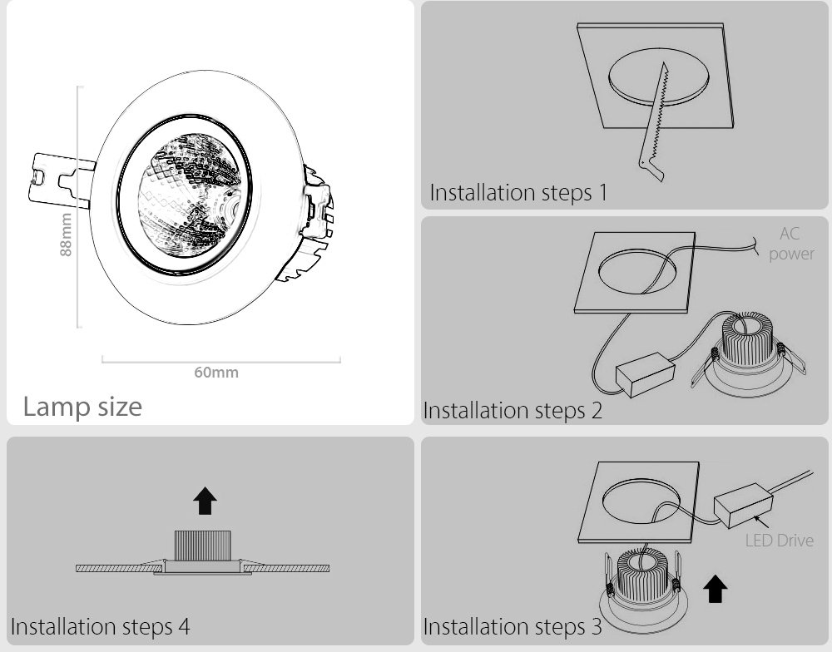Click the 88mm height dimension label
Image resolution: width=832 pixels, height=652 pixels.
click(66, 235)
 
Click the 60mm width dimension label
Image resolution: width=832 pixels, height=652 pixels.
click(216, 373)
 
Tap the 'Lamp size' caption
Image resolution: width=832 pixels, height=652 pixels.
click(82, 407)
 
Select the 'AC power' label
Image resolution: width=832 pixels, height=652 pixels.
click(791, 244)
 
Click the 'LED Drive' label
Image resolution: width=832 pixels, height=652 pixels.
click(779, 540)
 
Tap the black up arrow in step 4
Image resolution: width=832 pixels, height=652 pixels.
click(205, 501)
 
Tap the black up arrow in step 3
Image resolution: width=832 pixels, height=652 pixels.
click(715, 589)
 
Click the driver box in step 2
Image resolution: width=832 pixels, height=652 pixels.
click(645, 375)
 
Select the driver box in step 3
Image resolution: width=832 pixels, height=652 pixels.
click(743, 505)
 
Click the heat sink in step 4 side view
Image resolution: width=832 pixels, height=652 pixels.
click(203, 546)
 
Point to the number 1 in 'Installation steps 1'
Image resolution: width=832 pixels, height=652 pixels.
click(602, 193)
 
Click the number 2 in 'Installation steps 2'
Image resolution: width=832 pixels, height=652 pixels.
click(597, 411)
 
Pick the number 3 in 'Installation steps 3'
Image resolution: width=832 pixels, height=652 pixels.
click(597, 626)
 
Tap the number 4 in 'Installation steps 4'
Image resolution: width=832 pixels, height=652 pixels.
click(184, 626)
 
